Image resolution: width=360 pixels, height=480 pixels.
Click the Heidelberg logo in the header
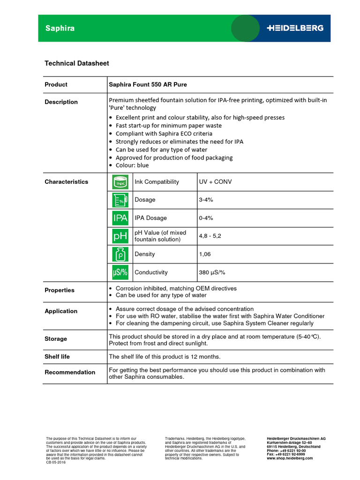295,28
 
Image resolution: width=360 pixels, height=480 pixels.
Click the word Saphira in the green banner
60,28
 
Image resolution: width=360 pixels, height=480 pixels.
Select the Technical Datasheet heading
76,63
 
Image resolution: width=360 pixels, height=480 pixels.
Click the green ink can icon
120,182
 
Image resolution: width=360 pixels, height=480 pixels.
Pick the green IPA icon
120,218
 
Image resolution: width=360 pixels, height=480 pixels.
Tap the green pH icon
120,236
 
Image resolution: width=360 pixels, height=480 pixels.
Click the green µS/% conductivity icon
120,272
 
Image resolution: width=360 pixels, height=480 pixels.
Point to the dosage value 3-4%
206,200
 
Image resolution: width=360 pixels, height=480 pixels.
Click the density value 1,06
205,254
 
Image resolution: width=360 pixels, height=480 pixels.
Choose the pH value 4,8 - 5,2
210,236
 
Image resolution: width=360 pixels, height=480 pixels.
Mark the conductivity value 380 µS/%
212,272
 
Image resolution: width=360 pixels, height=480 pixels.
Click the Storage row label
56,339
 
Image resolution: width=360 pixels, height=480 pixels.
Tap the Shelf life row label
57,357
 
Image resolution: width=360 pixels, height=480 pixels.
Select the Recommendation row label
70,372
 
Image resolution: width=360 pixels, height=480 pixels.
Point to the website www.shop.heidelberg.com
290,458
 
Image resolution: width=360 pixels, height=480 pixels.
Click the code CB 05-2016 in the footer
56,462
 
